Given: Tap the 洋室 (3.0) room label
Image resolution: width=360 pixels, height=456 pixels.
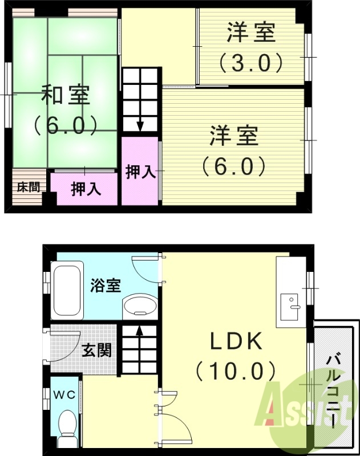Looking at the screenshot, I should [250, 32].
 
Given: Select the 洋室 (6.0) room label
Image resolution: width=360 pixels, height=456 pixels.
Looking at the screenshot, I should [234, 136].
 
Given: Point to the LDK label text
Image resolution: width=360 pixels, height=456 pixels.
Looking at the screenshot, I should [236, 341].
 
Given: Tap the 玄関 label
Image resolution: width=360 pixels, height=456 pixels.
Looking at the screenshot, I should [96, 350].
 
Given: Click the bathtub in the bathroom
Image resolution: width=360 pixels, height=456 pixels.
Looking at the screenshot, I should [67, 290].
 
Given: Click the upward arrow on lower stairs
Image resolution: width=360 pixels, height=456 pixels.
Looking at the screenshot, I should [139, 330].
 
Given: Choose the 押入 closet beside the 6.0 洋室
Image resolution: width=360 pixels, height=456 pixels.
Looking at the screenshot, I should [140, 171].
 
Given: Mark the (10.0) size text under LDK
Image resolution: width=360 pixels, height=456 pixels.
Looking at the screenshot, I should [236, 371].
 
